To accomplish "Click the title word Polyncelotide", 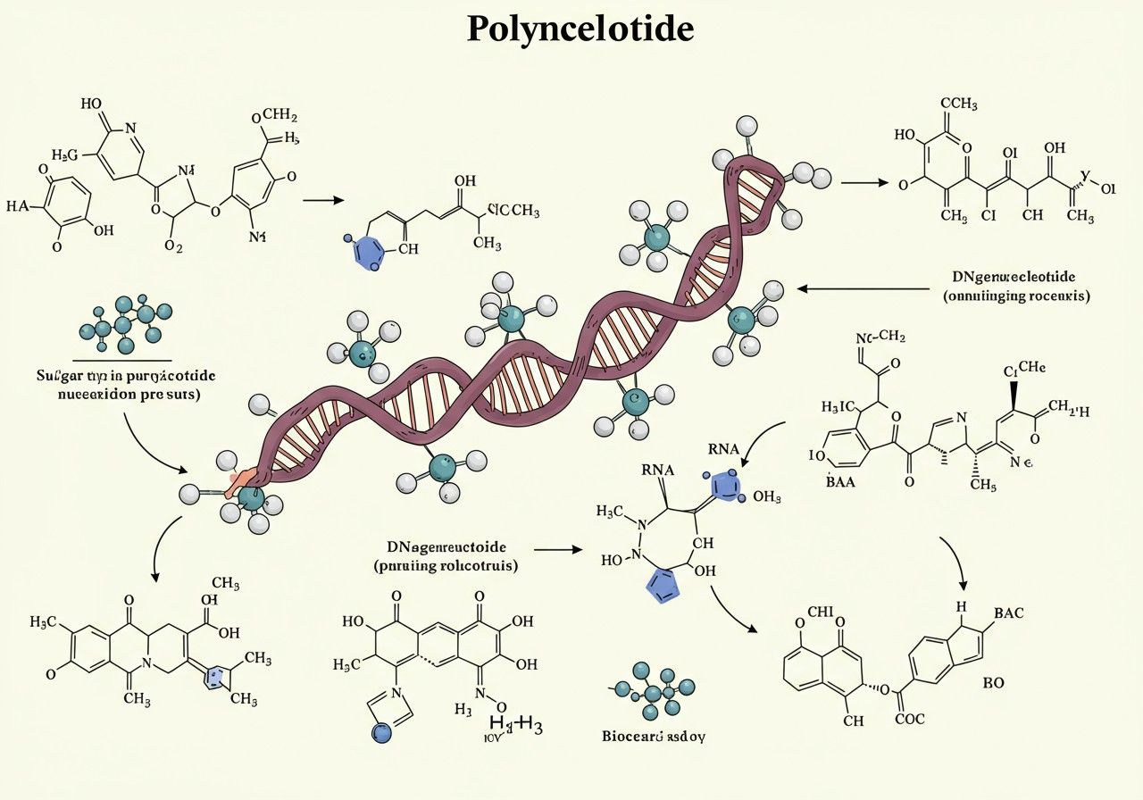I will pyautogui.click(x=580, y=30).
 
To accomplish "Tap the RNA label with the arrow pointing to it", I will pyautogui.click(x=724, y=449).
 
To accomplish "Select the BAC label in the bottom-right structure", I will pyautogui.click(x=1007, y=613).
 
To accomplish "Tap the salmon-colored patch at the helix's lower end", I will pyautogui.click(x=241, y=481).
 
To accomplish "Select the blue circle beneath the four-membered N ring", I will pyautogui.click(x=381, y=732).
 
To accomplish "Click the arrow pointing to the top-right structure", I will pyautogui.click(x=865, y=183).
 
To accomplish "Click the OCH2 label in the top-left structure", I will pyautogui.click(x=274, y=116).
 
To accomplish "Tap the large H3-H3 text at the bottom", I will pyautogui.click(x=517, y=723).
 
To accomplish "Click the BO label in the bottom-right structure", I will pyautogui.click(x=994, y=683).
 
